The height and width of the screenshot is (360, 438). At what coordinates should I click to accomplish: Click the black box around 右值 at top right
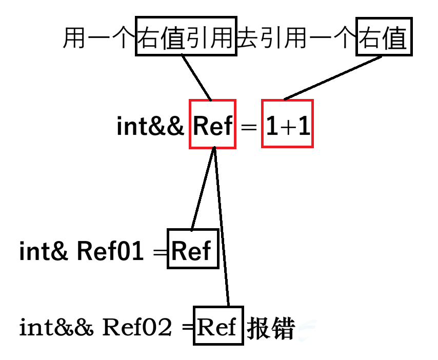(384, 37)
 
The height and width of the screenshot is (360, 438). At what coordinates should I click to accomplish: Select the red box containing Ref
(212, 124)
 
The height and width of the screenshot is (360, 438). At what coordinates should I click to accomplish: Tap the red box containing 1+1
(287, 124)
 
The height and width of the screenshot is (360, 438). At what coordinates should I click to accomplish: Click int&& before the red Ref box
(150, 126)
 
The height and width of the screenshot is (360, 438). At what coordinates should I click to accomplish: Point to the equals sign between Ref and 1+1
(248, 127)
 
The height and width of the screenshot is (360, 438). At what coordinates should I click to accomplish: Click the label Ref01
(110, 251)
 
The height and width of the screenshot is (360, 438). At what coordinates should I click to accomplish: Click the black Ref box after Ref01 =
(193, 250)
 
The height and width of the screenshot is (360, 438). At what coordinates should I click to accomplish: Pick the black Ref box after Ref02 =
(217, 326)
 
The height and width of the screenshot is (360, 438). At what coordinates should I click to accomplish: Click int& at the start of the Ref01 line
(43, 251)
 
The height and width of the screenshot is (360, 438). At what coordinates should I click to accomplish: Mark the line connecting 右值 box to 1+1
(333, 77)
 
